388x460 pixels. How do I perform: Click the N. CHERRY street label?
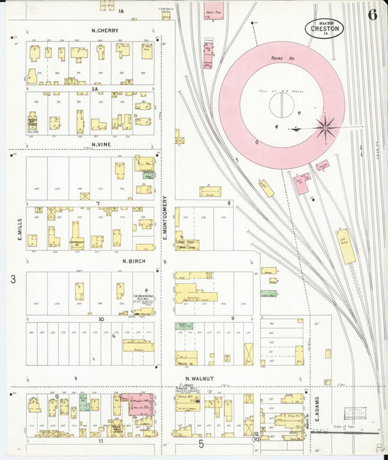(106, 31)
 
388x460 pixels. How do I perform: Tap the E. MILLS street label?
(20, 227)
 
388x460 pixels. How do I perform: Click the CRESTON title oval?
(324, 28)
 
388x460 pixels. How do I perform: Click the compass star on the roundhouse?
(325, 127)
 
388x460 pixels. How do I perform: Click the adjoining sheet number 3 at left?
(12, 279)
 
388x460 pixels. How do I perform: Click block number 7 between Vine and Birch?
(97, 204)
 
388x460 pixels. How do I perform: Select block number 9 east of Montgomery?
(231, 318)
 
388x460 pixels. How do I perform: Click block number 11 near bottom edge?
(101, 441)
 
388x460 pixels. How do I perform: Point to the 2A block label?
(104, 89)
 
